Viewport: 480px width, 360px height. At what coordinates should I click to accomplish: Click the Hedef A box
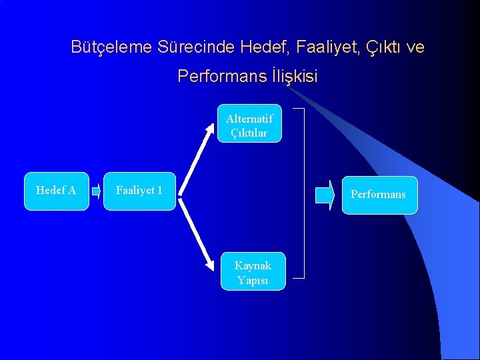[56, 191]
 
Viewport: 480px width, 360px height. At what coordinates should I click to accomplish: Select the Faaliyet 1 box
[139, 191]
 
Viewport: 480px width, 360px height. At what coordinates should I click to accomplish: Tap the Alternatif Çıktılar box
[249, 124]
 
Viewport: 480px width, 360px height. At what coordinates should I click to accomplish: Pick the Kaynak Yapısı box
[253, 271]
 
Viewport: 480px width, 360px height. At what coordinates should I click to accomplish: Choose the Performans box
[379, 195]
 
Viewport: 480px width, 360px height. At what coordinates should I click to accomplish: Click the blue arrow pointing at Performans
[325, 195]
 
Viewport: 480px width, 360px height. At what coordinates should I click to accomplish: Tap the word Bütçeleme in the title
[112, 48]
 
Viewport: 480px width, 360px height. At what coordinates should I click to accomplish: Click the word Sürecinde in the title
[197, 48]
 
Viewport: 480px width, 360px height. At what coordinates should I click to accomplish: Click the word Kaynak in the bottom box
[253, 265]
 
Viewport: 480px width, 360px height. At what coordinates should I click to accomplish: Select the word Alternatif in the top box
[249, 119]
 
